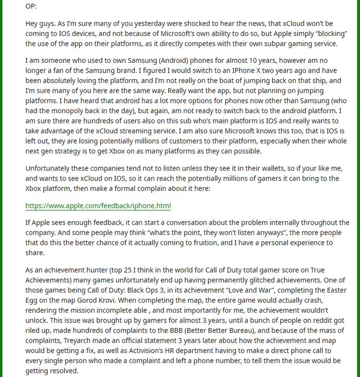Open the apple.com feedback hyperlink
[x=98, y=206]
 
